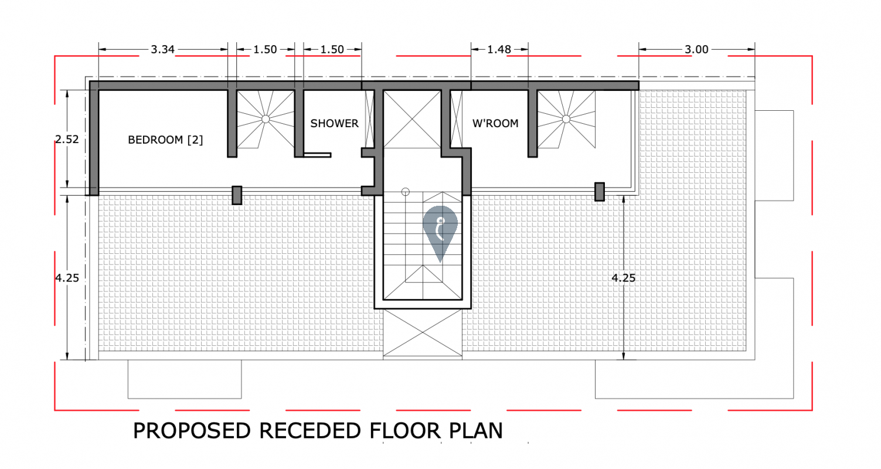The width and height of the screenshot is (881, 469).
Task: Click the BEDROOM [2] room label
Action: tap(165, 140)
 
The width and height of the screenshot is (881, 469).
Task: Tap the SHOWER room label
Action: tap(334, 124)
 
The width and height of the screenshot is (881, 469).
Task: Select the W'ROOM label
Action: tap(495, 124)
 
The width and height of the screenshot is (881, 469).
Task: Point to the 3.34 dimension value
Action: tap(163, 50)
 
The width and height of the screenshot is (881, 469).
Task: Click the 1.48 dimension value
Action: tap(499, 50)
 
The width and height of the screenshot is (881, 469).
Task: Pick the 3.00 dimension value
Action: tap(696, 50)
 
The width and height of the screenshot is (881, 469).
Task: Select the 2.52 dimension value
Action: tap(67, 140)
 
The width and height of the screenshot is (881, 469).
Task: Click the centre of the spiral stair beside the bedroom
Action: tap(266, 119)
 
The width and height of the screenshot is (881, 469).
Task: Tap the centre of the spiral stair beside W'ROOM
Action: tap(566, 119)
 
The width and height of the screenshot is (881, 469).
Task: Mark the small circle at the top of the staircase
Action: tap(406, 192)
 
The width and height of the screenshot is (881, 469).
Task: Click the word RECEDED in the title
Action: tap(310, 430)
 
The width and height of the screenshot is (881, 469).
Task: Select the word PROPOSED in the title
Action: tap(192, 430)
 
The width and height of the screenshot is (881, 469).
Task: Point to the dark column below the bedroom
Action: tap(237, 195)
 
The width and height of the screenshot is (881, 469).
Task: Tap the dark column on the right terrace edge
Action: tap(600, 192)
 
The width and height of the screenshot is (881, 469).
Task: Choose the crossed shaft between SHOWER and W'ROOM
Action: tap(412, 119)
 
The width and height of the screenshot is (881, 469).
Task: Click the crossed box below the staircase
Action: tap(423, 333)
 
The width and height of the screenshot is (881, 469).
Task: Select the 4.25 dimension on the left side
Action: tap(67, 278)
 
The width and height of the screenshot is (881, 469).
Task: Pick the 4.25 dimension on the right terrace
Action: tap(624, 278)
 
